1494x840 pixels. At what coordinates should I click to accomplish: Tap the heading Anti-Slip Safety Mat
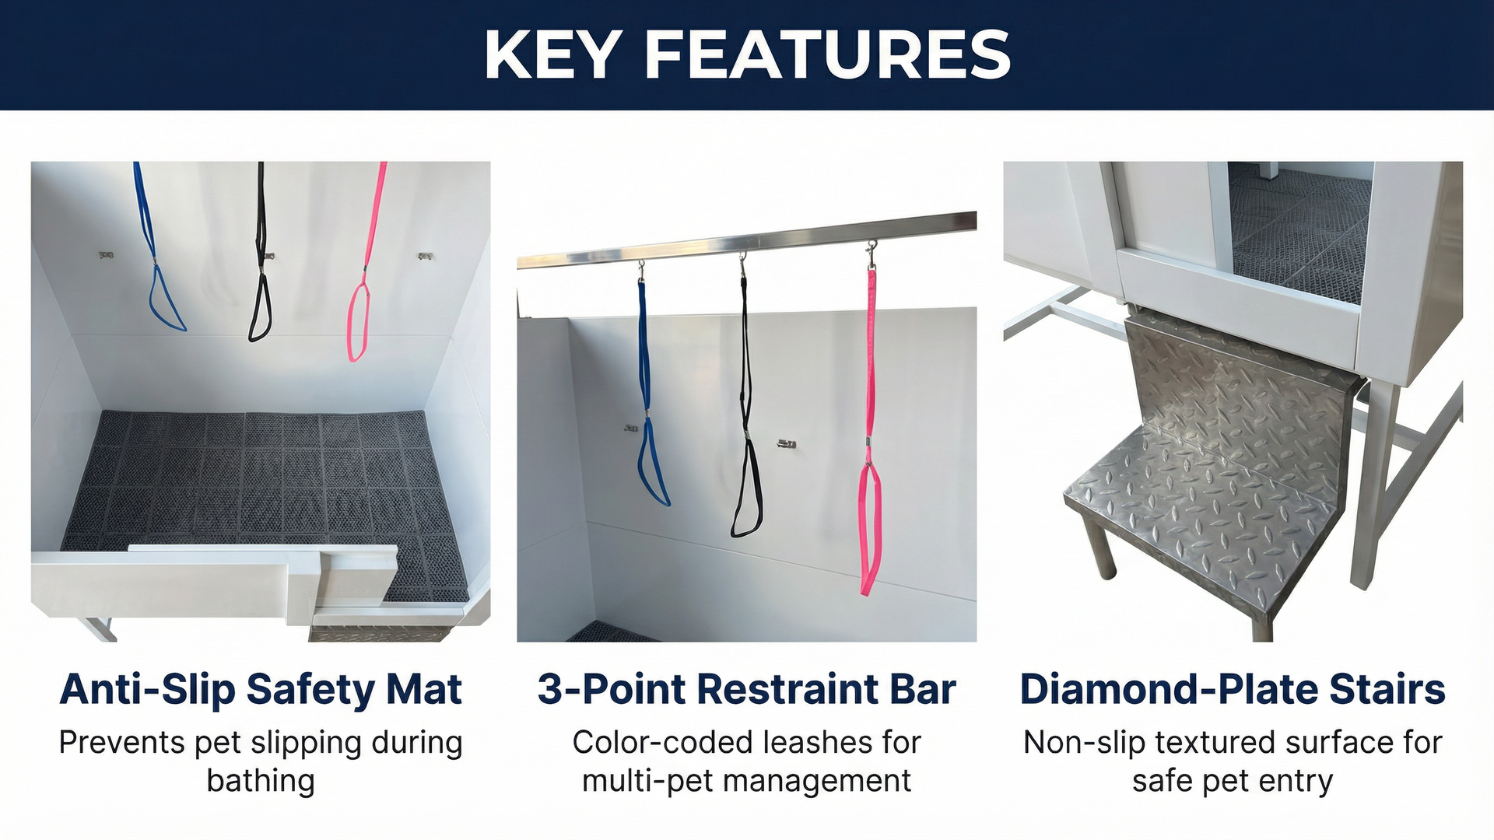pos(261,690)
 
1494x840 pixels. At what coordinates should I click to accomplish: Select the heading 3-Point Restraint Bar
pos(746,690)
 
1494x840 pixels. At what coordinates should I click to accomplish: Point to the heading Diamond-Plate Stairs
pos(1233,690)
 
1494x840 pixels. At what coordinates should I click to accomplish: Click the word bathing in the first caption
pos(261,781)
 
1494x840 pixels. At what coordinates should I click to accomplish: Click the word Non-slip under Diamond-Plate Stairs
pos(1084,743)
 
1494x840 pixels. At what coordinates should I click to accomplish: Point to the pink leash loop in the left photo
pos(359,322)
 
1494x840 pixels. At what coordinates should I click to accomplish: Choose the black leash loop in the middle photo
pos(747,490)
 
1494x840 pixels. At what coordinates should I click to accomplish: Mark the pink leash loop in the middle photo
pos(870,529)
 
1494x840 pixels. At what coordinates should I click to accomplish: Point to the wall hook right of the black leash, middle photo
pos(786,444)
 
